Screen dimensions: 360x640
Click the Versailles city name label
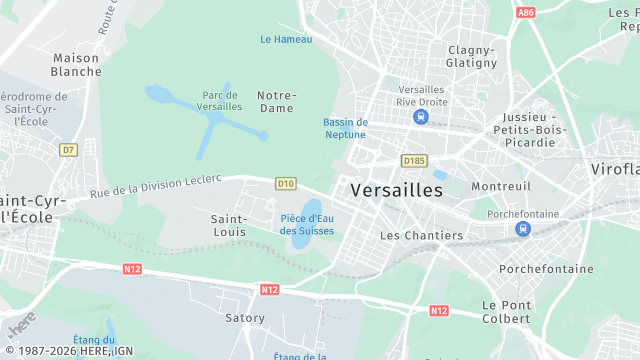[x=396, y=189]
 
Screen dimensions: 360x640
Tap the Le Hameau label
[x=286, y=40]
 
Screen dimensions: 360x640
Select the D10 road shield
[x=286, y=183]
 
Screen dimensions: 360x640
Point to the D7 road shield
[x=68, y=150]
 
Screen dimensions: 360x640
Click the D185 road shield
[x=413, y=160]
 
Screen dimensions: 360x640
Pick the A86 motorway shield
[x=526, y=13]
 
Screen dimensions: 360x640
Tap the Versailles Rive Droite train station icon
[x=421, y=117]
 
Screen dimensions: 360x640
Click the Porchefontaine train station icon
[x=522, y=229]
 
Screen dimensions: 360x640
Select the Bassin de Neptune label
[x=345, y=129]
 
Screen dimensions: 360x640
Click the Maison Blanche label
[x=76, y=65]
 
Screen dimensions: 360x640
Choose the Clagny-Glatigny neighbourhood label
[x=472, y=56]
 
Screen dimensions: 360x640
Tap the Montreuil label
[x=501, y=187]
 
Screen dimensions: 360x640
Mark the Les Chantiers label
[x=422, y=236]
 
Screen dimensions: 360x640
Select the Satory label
[x=245, y=318]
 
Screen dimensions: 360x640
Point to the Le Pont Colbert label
[x=505, y=311]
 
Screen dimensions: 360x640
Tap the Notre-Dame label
[x=276, y=101]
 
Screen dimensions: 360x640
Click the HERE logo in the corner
[x=21, y=326]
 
